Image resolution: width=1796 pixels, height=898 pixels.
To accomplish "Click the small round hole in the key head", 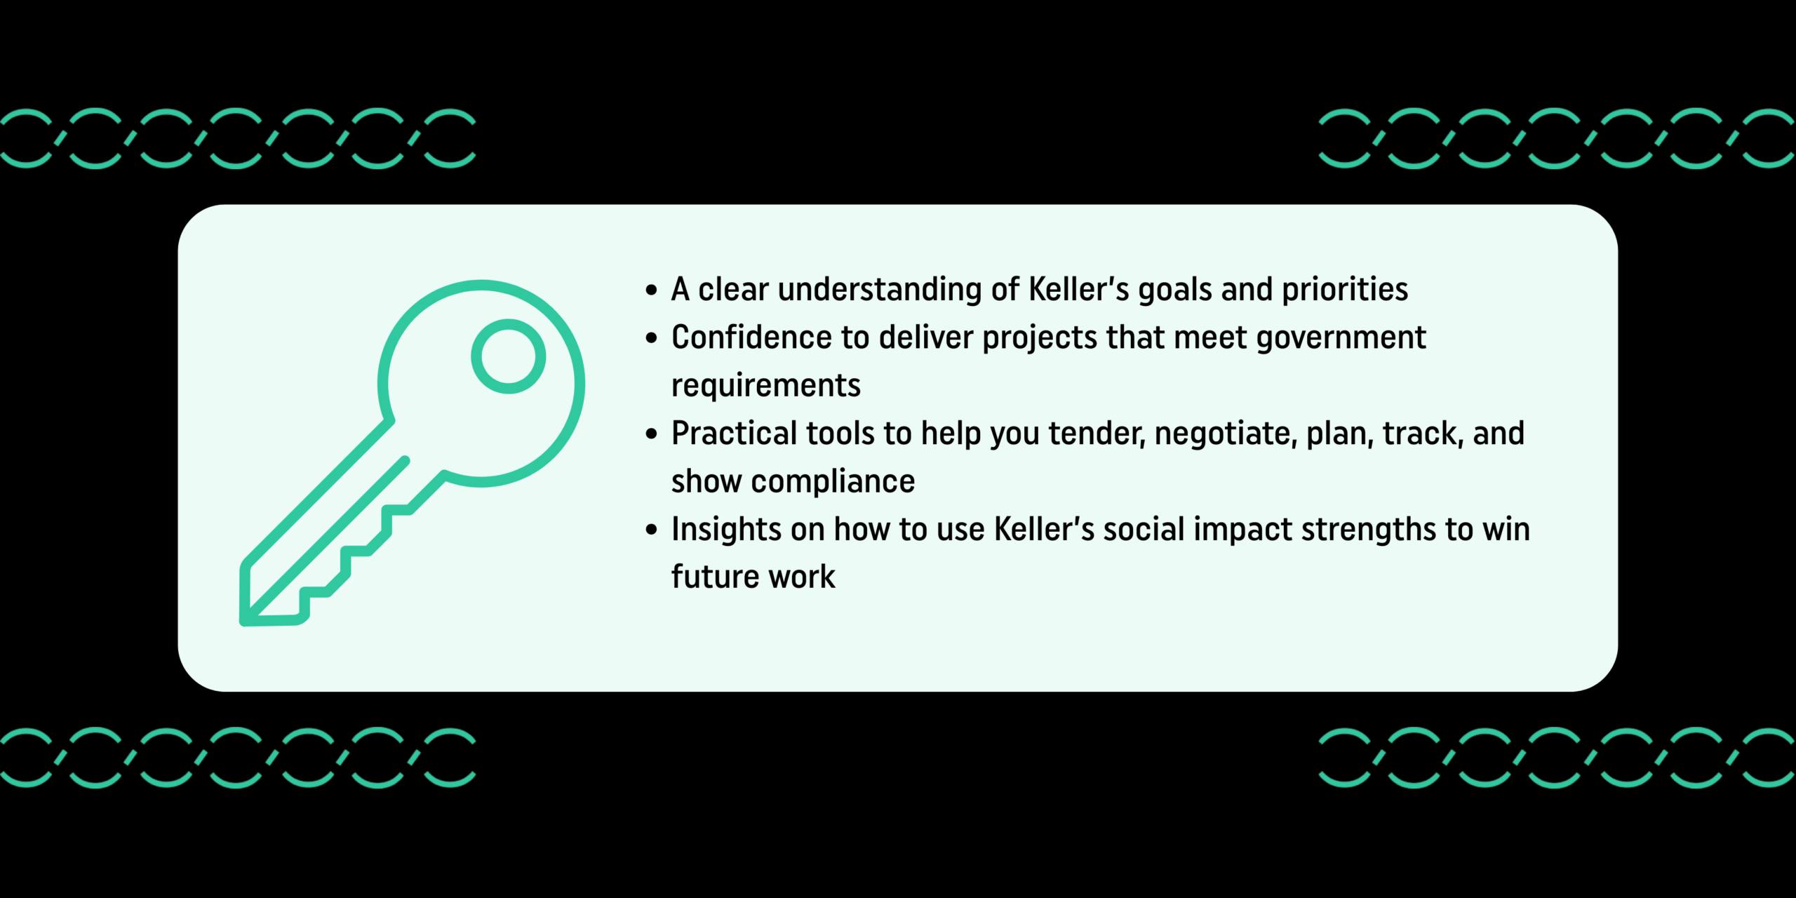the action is click(x=509, y=356).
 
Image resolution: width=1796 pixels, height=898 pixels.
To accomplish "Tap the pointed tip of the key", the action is click(x=243, y=622).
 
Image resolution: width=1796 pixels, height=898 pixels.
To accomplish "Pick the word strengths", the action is click(x=1367, y=530).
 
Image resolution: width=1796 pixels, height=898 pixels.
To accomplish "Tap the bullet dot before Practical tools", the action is click(x=652, y=435).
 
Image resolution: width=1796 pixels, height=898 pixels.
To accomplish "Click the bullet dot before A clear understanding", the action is click(x=652, y=290).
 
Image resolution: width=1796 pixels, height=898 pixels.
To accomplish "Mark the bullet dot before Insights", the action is click(x=652, y=531).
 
